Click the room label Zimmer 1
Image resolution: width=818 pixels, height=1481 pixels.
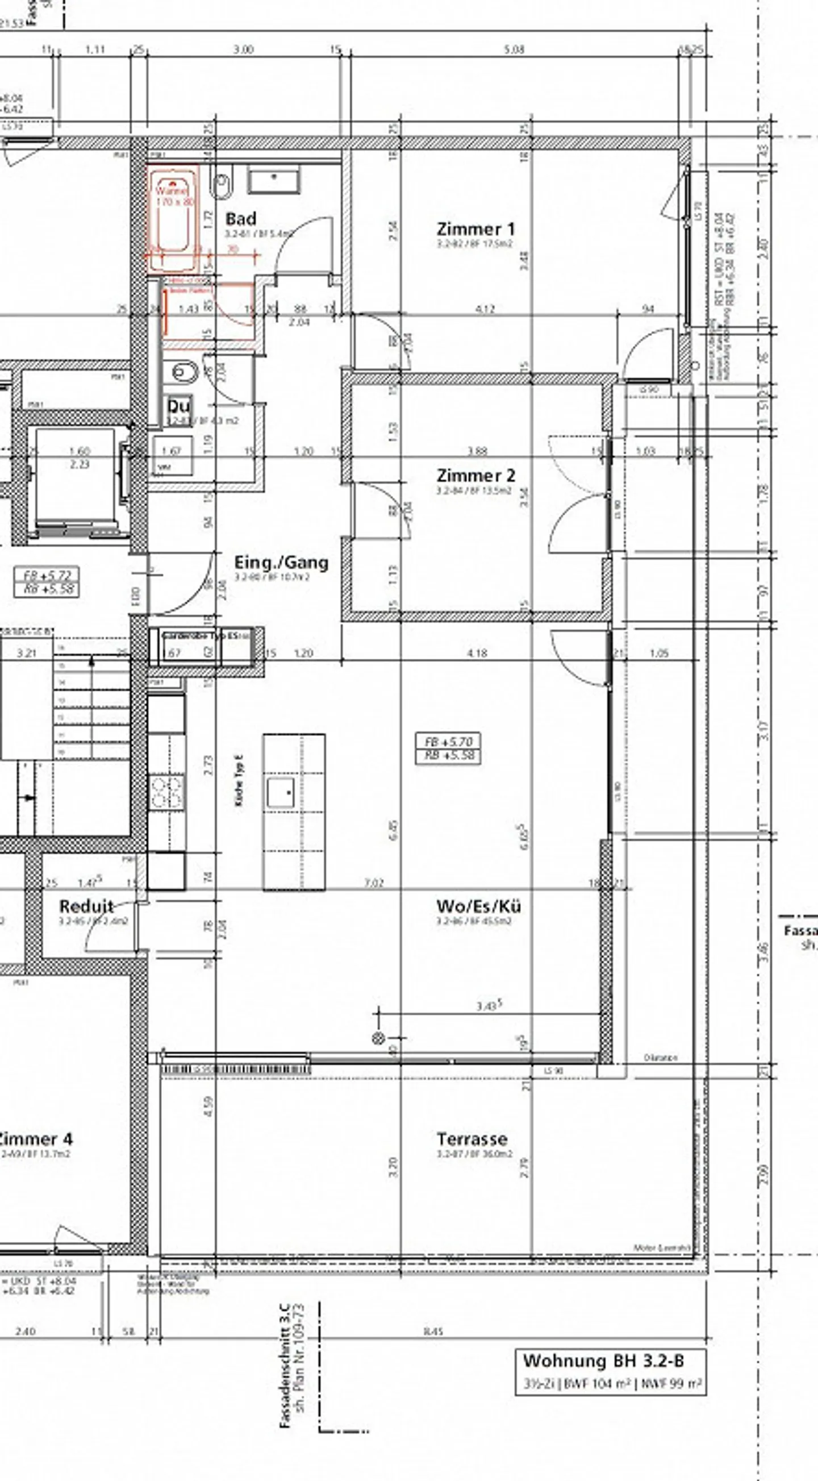[x=475, y=229]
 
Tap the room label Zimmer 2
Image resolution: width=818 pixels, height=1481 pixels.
[x=475, y=476]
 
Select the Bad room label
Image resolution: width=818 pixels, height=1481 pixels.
[x=240, y=218]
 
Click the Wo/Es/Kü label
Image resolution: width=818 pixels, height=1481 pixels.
[x=478, y=906]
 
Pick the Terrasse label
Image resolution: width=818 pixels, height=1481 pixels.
[x=472, y=1138]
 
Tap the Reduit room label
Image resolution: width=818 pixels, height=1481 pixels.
[x=87, y=906]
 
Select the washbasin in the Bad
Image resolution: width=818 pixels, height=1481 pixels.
[x=274, y=180]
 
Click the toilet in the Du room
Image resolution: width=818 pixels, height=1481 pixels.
[x=183, y=373]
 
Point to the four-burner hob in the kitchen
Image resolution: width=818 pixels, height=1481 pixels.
[x=166, y=792]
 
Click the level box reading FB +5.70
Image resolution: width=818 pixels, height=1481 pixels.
[x=448, y=748]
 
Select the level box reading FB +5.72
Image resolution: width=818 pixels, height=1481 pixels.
[x=47, y=582]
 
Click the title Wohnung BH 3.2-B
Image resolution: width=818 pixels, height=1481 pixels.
[x=603, y=1361]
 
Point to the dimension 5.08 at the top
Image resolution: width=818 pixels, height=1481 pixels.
[x=514, y=50]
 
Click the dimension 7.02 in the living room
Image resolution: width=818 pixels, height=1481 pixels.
[x=374, y=883]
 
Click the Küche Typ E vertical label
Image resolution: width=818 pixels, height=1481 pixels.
[x=239, y=781]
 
